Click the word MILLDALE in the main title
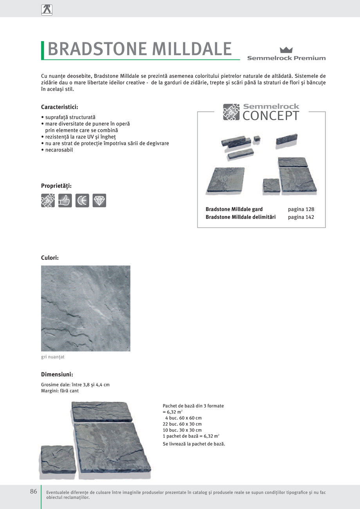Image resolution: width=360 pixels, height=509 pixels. point(192,49)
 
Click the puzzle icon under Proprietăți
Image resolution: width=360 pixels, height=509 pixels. point(48,200)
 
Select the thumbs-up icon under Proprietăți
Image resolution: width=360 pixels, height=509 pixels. point(65,200)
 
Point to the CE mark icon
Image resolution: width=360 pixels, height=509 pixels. point(82,200)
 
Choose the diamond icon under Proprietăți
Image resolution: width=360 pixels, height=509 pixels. point(99,200)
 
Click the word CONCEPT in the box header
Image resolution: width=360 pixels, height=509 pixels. point(271,116)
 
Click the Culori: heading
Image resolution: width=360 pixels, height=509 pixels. point(50,258)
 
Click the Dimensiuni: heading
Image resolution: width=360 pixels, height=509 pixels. point(57,374)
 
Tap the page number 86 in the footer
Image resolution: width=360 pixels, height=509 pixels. point(34,491)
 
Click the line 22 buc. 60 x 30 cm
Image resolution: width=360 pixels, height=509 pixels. point(182,424)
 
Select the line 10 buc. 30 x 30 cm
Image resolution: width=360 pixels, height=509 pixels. point(182,430)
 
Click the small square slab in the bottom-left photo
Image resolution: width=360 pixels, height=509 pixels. point(58,459)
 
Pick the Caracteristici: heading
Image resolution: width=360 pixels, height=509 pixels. point(59,107)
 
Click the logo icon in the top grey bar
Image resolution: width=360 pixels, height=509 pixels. point(47,9)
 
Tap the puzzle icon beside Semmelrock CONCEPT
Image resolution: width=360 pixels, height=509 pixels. point(231,112)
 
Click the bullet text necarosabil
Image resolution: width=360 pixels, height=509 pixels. point(59,150)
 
